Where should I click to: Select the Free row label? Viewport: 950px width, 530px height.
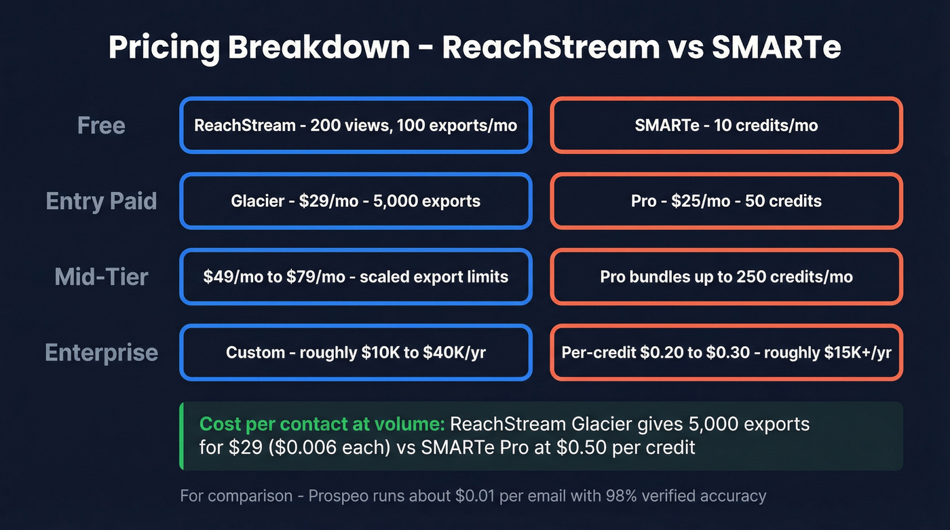click(x=101, y=126)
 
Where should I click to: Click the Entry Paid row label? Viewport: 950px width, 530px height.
click(x=101, y=201)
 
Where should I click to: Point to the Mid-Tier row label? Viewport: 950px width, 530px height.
click(x=101, y=277)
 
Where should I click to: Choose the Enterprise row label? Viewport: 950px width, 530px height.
click(x=101, y=353)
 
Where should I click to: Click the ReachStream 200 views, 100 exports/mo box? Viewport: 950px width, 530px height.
click(x=356, y=126)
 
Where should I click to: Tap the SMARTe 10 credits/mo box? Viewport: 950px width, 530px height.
click(x=726, y=126)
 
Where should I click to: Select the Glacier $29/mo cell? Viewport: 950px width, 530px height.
click(x=356, y=201)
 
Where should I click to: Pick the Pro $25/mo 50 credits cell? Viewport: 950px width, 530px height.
click(x=726, y=201)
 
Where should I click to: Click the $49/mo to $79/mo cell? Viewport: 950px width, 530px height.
click(x=356, y=277)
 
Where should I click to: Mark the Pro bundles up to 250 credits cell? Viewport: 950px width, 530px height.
click(x=726, y=277)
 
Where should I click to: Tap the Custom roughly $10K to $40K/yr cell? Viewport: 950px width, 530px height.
click(x=356, y=353)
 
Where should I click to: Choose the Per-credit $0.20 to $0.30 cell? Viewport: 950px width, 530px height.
click(x=726, y=353)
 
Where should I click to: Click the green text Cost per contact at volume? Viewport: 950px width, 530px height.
click(x=322, y=425)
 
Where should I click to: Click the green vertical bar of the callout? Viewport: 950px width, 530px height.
click(x=181, y=436)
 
